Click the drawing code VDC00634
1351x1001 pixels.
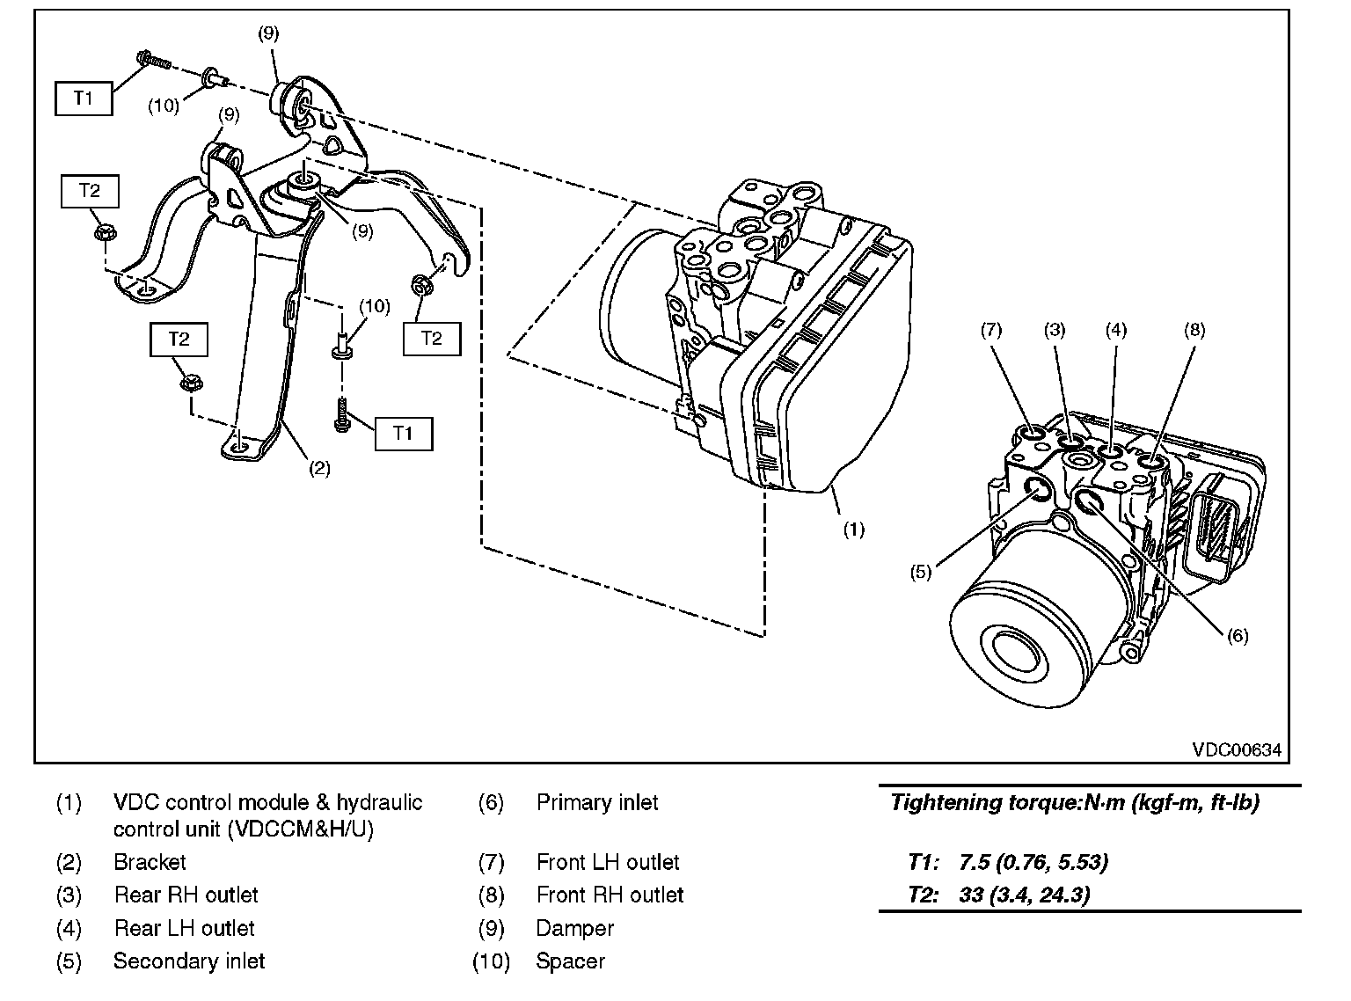[x=1237, y=749]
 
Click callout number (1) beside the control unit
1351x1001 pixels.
[x=853, y=530]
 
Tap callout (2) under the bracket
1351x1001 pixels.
[x=318, y=469]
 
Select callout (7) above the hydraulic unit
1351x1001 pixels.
[x=990, y=330]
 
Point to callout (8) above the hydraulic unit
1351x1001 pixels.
[x=1194, y=330]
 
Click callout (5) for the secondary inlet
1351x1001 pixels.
[x=920, y=572]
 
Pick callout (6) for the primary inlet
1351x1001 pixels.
[x=1237, y=635]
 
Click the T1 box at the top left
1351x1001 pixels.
[x=84, y=99]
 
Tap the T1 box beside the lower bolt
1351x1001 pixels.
[x=403, y=433]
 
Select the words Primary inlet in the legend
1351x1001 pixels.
[x=597, y=802]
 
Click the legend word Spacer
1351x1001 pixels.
[x=570, y=961]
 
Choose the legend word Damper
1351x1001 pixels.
[x=574, y=928]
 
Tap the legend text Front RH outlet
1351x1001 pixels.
[x=610, y=895]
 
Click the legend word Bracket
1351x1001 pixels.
[x=150, y=862]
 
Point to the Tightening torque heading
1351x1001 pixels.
[x=1075, y=802]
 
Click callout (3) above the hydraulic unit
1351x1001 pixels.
[x=1055, y=330]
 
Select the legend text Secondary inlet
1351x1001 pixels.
[x=189, y=961]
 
